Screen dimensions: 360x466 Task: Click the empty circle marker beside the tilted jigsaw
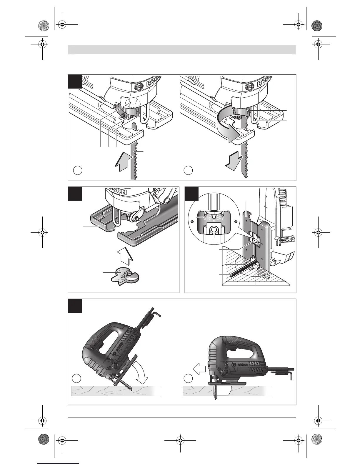coord(77,378)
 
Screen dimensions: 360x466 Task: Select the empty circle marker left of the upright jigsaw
coord(188,378)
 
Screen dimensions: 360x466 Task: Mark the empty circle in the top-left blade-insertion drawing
coord(77,170)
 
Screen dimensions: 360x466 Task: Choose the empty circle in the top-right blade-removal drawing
coord(188,170)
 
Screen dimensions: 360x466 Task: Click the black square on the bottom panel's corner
coord(75,306)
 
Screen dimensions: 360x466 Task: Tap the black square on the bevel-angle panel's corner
coord(191,193)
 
